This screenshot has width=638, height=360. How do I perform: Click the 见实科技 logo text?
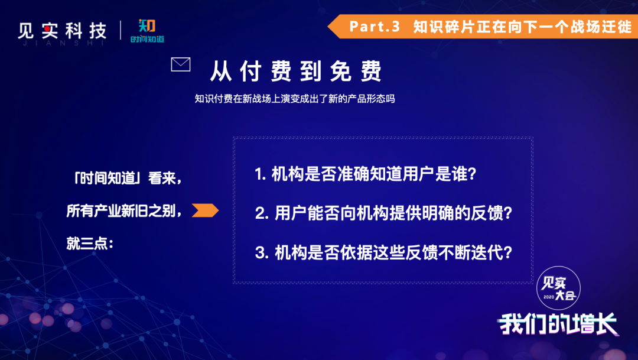click(x=62, y=31)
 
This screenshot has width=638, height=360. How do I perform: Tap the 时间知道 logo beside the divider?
click(x=147, y=31)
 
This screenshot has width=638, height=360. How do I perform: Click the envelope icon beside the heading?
click(x=181, y=64)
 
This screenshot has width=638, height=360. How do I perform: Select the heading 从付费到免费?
click(x=296, y=71)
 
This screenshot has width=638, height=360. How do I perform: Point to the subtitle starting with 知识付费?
click(x=295, y=99)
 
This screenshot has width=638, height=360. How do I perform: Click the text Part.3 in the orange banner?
click(x=375, y=27)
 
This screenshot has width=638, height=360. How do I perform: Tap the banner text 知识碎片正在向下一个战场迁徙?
click(x=522, y=27)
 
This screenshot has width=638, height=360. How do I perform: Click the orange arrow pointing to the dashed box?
click(x=205, y=210)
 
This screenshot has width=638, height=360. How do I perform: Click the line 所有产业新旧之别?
click(x=123, y=211)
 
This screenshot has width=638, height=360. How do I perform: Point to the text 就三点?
click(x=90, y=244)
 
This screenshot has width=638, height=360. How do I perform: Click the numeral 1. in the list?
click(x=260, y=174)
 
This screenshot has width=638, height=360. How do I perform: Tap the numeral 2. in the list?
click(x=261, y=213)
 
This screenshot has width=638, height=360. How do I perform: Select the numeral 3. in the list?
click(x=261, y=253)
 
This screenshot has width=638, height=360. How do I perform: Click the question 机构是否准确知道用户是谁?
click(x=374, y=174)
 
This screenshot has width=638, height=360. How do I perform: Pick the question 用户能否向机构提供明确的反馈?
click(x=393, y=213)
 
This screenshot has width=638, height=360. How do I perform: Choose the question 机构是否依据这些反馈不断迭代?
click(x=393, y=253)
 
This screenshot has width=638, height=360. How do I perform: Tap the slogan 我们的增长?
click(x=558, y=324)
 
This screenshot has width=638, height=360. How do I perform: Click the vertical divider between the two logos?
click(x=121, y=30)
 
